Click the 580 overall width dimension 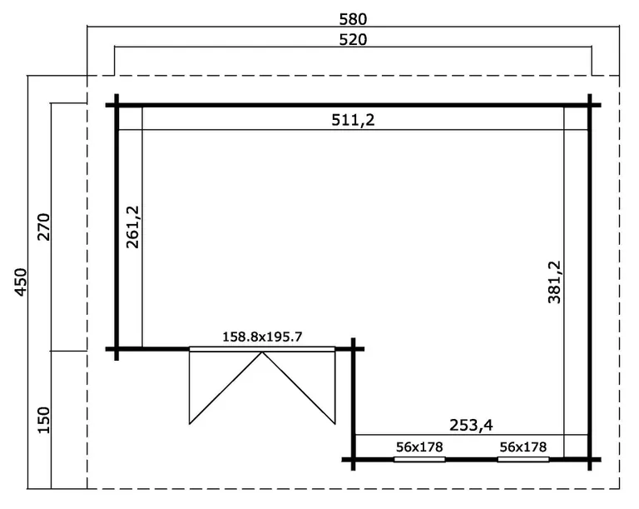point(353,19)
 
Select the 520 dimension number point(353,40)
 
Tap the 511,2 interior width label point(353,120)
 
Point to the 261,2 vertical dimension point(133,227)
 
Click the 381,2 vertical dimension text point(555,282)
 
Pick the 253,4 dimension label point(471,426)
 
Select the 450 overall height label point(21,282)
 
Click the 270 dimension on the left point(43,227)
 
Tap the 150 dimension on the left point(43,421)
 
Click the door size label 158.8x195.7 point(262,337)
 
